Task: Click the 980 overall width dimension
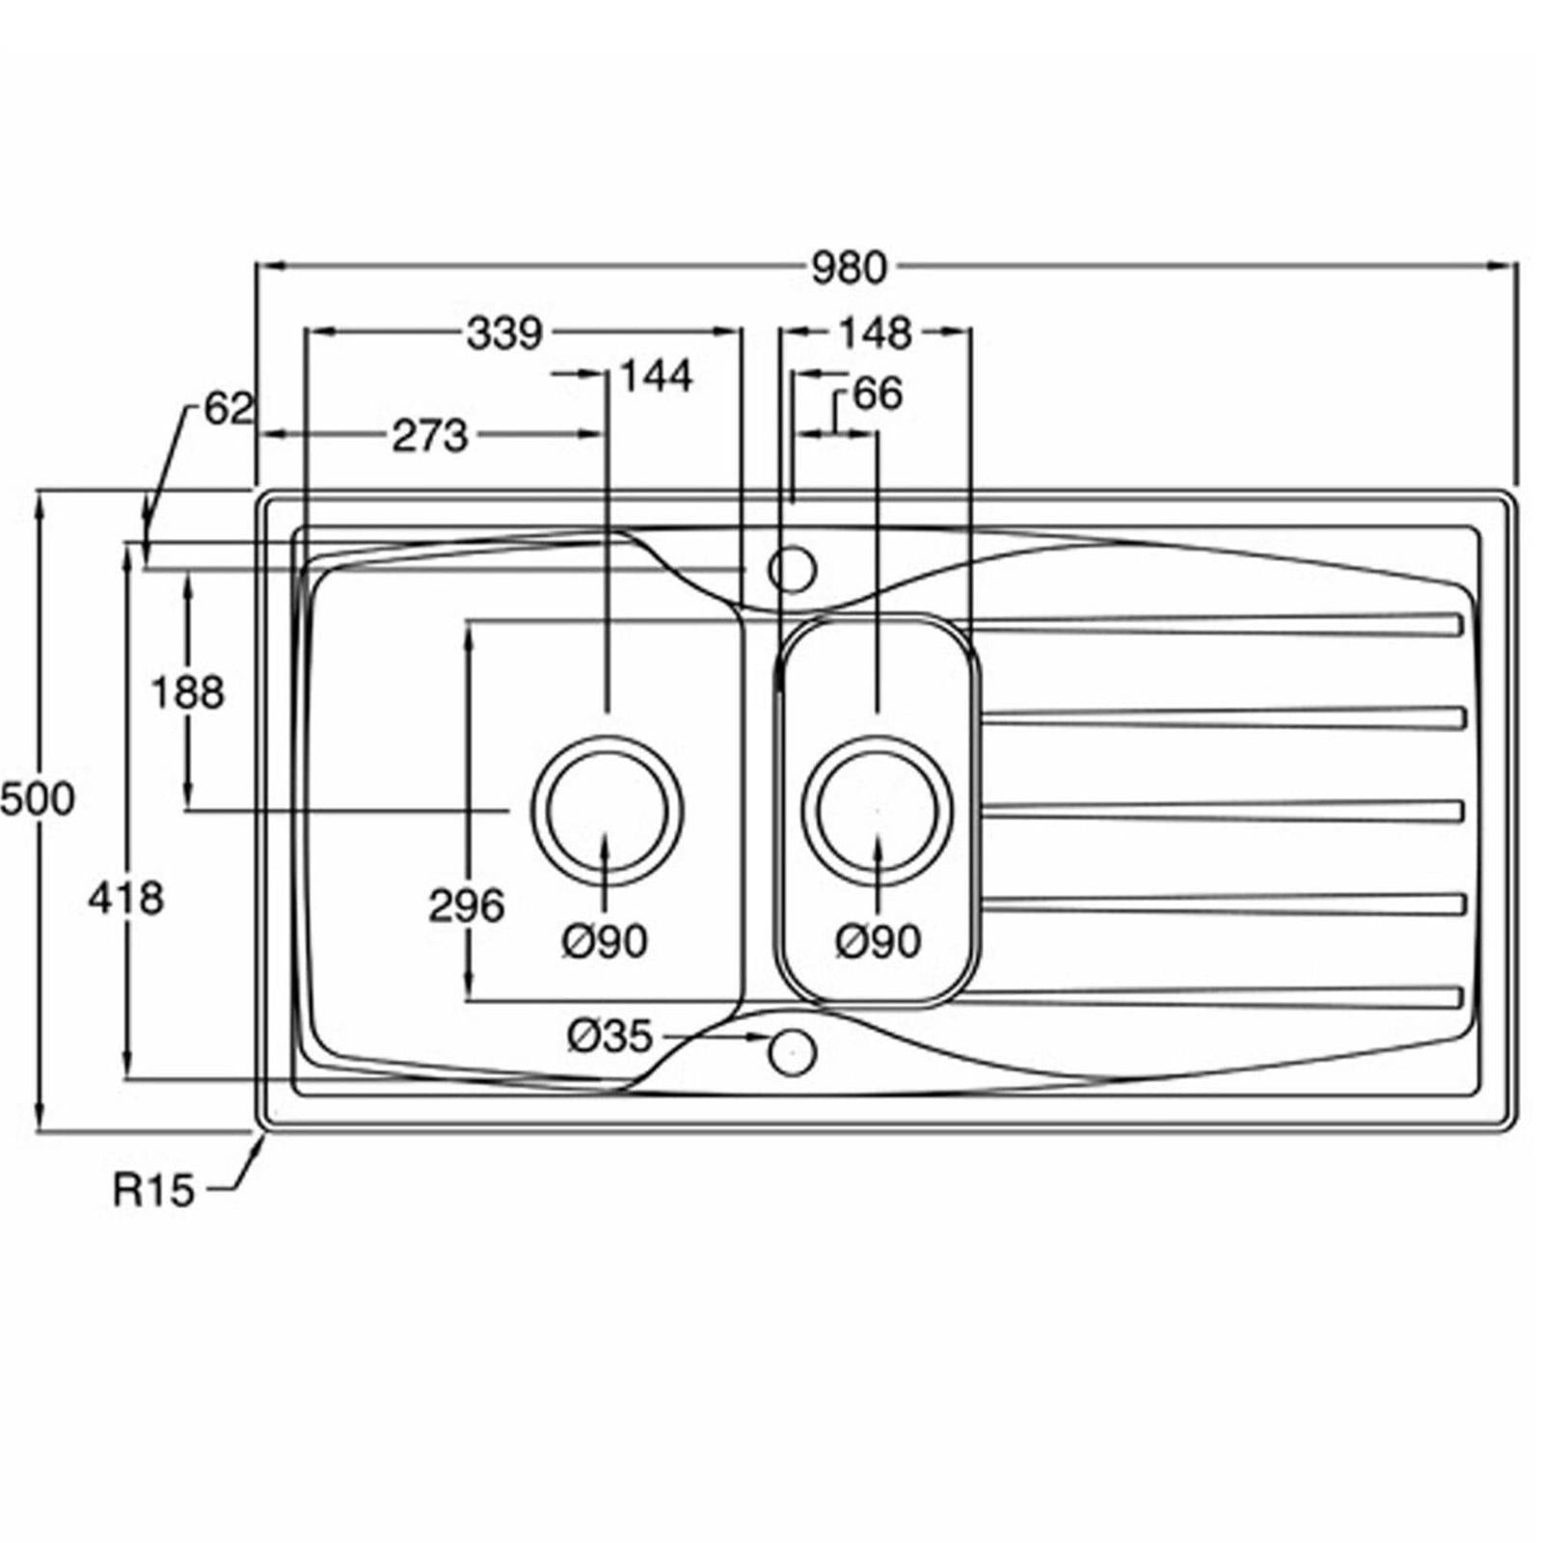point(848,268)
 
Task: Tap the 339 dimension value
point(504,334)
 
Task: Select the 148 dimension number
point(875,334)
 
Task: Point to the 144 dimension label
point(656,376)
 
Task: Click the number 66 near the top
point(878,393)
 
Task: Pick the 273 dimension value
point(429,436)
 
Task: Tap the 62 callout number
point(229,409)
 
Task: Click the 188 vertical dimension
point(188,692)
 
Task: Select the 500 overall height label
point(37,799)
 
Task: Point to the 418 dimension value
point(126,899)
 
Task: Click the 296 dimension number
point(467,906)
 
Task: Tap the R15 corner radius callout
point(154,1191)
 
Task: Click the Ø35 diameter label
point(610,1037)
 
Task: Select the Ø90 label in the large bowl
point(606,941)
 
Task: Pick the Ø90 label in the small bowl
point(879,941)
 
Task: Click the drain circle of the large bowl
point(607,809)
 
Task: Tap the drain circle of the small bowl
point(877,809)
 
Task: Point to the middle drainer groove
point(1223,811)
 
